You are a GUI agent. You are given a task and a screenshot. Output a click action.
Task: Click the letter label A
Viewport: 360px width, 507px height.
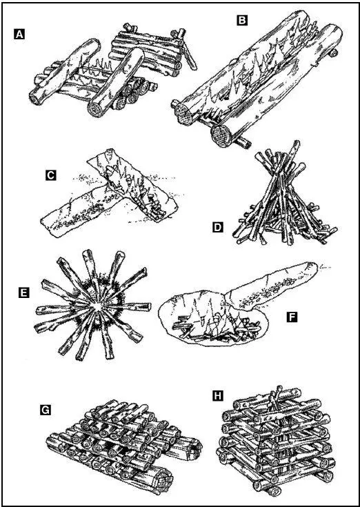point(19,34)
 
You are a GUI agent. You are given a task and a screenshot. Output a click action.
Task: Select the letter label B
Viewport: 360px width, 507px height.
point(242,21)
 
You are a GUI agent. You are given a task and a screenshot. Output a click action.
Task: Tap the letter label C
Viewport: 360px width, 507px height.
point(51,175)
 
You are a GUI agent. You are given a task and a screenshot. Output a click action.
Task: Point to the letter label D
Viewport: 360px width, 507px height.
point(218,228)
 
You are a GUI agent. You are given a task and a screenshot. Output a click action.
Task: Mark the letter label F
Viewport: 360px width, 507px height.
point(292,317)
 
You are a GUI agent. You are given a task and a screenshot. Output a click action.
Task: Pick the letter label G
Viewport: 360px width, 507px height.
point(46,410)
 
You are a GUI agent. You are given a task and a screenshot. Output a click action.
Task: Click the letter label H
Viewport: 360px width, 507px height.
point(218,395)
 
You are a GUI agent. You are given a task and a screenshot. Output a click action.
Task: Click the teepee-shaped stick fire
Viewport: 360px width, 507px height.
point(284,201)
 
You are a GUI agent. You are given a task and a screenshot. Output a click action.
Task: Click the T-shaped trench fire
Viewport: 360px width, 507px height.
point(110,191)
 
